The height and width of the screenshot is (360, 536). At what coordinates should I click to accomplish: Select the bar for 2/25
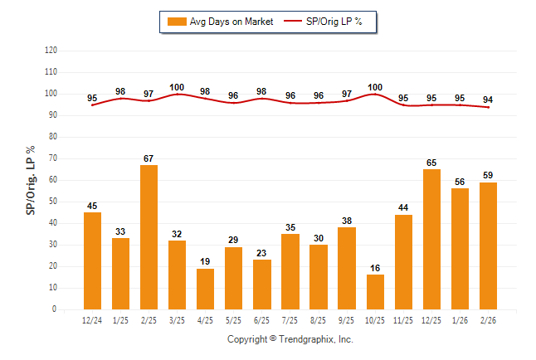(x=149, y=237)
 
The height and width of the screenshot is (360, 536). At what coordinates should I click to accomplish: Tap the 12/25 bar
(x=431, y=240)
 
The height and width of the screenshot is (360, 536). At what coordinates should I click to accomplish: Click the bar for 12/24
(x=92, y=260)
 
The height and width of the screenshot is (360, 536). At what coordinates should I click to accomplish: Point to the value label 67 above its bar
(x=149, y=158)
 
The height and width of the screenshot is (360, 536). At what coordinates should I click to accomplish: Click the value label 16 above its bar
(x=375, y=268)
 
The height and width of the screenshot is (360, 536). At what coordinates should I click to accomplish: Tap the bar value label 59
(x=488, y=175)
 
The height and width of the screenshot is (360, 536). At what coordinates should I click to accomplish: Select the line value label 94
(x=488, y=99)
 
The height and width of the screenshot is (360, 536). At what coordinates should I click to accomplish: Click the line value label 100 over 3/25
(x=177, y=87)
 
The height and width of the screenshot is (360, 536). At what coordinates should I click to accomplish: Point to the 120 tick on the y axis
(x=51, y=51)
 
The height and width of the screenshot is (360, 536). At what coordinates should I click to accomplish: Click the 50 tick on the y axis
(x=52, y=202)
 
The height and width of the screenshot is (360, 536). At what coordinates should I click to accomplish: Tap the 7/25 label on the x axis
(x=290, y=320)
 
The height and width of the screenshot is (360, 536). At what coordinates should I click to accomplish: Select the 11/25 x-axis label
(x=403, y=320)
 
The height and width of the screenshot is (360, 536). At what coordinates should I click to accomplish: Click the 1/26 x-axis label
(x=460, y=320)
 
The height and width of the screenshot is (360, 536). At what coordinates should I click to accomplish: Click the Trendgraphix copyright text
(x=290, y=339)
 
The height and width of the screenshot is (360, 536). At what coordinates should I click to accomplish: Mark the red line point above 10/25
(x=375, y=95)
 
